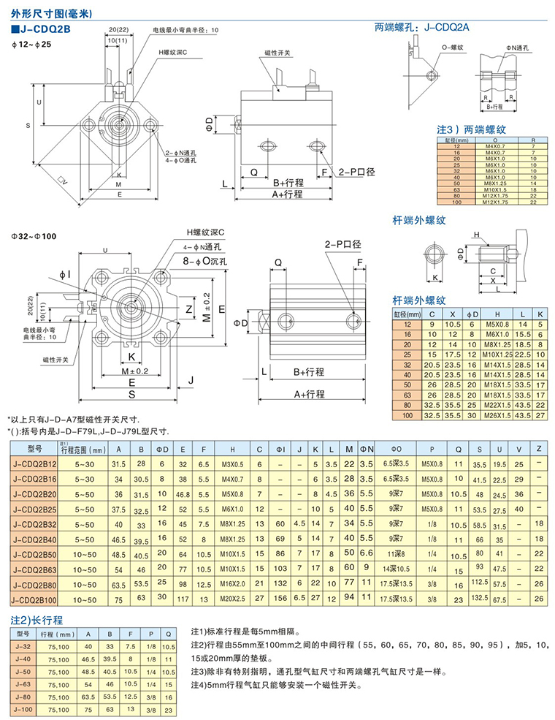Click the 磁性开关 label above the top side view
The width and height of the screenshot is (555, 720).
[277, 53]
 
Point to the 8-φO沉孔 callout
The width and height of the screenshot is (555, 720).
[206, 261]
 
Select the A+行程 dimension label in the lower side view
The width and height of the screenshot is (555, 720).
[309, 394]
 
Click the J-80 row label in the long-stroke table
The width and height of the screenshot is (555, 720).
[23, 697]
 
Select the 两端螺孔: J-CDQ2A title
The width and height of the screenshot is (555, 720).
[422, 29]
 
